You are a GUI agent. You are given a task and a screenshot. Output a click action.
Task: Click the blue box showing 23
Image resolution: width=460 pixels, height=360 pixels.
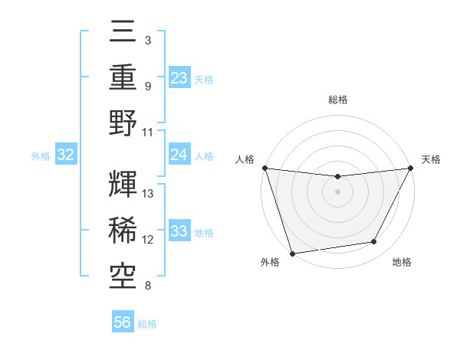(x=179, y=77)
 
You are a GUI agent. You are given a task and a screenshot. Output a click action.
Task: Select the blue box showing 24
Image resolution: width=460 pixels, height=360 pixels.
(x=179, y=155)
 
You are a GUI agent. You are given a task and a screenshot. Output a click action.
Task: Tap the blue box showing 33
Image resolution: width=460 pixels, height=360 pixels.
(x=179, y=231)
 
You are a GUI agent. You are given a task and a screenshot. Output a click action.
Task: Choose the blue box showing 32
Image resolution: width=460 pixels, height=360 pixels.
(x=66, y=155)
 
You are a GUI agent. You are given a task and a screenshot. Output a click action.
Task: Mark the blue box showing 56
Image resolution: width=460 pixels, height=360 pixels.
(x=123, y=322)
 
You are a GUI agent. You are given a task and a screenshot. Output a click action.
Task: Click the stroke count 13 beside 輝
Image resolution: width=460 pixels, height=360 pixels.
(x=149, y=194)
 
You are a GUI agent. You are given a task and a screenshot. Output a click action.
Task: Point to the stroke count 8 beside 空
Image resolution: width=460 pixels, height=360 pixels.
(x=147, y=286)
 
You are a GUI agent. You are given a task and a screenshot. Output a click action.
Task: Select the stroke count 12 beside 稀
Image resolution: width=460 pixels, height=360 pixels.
(x=149, y=240)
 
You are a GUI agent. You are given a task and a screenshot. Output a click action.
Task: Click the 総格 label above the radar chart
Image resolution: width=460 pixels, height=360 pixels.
(x=337, y=100)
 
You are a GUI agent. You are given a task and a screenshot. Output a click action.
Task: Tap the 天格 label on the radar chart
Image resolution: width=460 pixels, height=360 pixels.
(x=431, y=159)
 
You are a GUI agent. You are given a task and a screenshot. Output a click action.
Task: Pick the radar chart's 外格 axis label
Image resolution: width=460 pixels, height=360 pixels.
(x=270, y=263)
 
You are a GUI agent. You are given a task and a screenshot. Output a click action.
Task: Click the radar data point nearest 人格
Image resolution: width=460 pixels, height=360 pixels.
(x=264, y=168)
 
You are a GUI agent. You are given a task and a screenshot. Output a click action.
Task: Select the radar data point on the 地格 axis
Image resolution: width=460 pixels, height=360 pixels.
(x=374, y=242)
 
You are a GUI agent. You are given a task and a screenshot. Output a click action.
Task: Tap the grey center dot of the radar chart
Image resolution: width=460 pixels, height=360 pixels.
(x=337, y=191)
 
